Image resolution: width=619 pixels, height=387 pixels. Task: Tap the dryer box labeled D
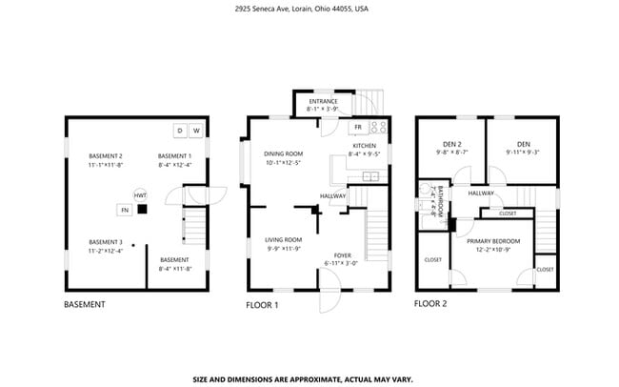[179, 131]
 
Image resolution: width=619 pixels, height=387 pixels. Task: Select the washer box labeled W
[196, 131]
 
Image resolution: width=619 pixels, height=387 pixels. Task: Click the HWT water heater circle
[139, 193]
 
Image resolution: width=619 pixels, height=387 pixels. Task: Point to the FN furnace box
[124, 209]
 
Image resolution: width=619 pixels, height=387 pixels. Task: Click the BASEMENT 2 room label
[106, 155]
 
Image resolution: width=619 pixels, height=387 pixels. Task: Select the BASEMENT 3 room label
[106, 242]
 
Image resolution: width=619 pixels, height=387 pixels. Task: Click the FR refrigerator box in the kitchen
[358, 127]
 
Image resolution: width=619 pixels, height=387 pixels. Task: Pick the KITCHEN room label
[364, 145]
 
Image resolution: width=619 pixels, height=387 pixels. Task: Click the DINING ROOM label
[283, 153]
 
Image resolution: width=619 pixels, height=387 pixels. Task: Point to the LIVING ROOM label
[283, 239]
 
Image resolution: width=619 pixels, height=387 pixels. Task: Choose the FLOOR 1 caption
[262, 305]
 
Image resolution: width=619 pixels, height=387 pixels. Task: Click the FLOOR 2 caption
[430, 304]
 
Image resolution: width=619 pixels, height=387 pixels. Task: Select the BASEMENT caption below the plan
[84, 305]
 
